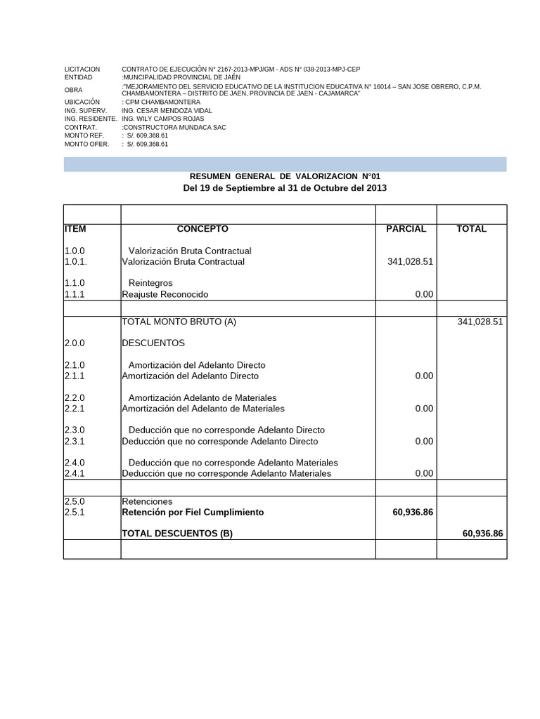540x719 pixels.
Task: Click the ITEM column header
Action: (75, 229)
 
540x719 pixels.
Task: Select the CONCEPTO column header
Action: (202, 229)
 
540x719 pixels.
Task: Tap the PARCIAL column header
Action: (406, 229)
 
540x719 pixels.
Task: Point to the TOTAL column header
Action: (471, 229)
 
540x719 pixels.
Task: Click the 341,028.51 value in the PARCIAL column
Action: (410, 262)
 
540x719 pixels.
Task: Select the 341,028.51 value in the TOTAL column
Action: (480, 322)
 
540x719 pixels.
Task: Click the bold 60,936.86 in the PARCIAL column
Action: (413, 513)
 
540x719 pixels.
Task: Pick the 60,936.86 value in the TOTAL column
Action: (482, 534)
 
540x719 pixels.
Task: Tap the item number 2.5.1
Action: (75, 513)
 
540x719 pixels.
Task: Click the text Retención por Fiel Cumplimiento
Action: (193, 513)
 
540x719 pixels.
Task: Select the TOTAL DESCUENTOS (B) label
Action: (177, 534)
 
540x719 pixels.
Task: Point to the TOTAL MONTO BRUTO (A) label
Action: (179, 322)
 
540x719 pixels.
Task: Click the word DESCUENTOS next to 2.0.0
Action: (153, 343)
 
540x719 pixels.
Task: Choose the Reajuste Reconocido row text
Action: (165, 294)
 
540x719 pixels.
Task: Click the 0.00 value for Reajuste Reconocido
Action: (424, 294)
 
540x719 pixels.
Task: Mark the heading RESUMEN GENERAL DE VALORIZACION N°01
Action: (285, 176)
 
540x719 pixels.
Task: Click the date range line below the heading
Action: (285, 188)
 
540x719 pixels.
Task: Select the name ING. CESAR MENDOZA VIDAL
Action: (167, 111)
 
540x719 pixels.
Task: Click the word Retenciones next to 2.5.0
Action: (147, 502)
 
